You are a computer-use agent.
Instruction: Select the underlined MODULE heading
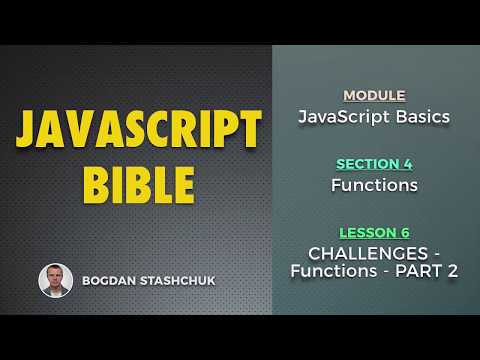click(374, 96)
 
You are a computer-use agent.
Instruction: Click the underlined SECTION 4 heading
click(374, 164)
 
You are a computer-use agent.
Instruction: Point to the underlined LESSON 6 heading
click(374, 231)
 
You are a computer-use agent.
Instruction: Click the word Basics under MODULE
click(421, 117)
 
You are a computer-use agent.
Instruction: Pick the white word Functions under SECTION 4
click(374, 185)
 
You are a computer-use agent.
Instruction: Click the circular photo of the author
click(55, 280)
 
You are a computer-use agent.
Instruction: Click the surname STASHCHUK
click(187, 281)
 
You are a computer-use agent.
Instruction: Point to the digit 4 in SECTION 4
click(410, 164)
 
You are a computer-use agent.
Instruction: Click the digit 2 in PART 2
click(451, 271)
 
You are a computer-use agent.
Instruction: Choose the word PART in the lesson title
click(419, 271)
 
